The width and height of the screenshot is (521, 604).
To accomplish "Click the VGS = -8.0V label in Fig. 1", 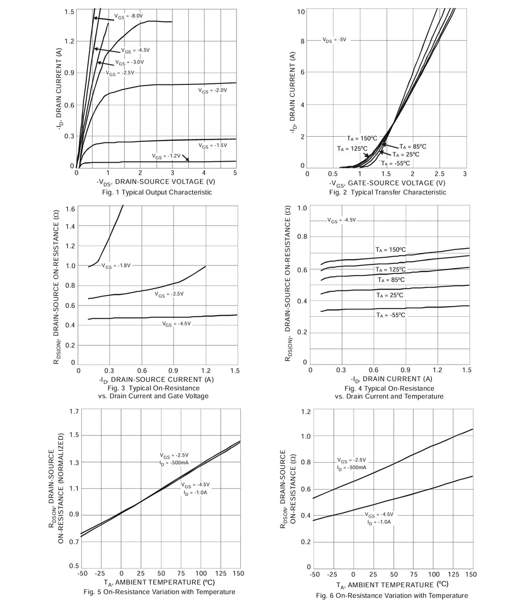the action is (x=129, y=16).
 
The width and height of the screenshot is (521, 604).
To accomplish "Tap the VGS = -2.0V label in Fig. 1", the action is (x=213, y=90).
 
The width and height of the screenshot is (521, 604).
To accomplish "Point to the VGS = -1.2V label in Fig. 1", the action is (x=166, y=156).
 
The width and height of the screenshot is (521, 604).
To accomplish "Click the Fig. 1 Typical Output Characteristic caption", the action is (x=157, y=192).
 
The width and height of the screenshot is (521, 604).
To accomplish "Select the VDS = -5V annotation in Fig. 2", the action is (x=334, y=40).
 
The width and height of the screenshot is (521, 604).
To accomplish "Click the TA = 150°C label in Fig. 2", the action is (x=362, y=138).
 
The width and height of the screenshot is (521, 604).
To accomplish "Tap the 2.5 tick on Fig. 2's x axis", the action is (x=439, y=174).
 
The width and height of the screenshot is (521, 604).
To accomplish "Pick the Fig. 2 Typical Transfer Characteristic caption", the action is (x=388, y=192).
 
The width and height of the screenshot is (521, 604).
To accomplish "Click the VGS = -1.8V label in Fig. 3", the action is (x=117, y=266).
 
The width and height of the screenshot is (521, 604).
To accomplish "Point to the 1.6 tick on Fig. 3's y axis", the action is (x=70, y=209).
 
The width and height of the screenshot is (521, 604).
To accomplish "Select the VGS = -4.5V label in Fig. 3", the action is (x=177, y=324).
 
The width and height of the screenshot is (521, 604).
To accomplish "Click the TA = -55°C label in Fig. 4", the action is (x=391, y=315).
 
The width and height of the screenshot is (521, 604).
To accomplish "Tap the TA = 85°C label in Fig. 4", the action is (x=391, y=280).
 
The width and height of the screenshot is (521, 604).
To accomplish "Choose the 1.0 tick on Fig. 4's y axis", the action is (x=302, y=208).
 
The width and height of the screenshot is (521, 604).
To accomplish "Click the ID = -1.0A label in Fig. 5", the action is (x=195, y=493).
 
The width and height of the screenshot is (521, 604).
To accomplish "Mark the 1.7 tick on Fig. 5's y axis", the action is (x=74, y=411).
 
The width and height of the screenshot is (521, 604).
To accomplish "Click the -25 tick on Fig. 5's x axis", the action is (x=101, y=573).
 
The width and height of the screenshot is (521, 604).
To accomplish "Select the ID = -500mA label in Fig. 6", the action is (x=352, y=468).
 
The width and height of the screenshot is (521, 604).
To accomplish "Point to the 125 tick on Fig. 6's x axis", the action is (x=453, y=575).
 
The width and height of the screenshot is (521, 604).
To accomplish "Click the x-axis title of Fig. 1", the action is (x=156, y=182).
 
